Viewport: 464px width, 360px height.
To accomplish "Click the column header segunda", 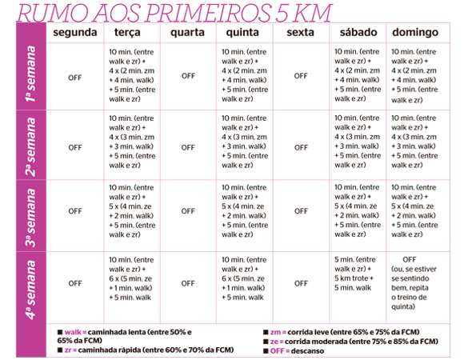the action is click(x=75, y=33).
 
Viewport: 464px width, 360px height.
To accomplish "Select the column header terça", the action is click(x=130, y=33).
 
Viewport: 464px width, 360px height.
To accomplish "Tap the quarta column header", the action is click(x=188, y=33).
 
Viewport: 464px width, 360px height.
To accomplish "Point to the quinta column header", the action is click(x=243, y=33).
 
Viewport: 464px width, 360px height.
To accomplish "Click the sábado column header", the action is click(x=357, y=33).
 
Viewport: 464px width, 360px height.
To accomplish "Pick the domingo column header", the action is click(x=414, y=33).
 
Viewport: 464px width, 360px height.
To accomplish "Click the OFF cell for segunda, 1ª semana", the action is click(x=75, y=77).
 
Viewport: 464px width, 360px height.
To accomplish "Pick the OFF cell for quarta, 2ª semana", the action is click(x=188, y=147).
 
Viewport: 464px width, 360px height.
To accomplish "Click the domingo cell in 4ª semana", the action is click(x=413, y=282).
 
